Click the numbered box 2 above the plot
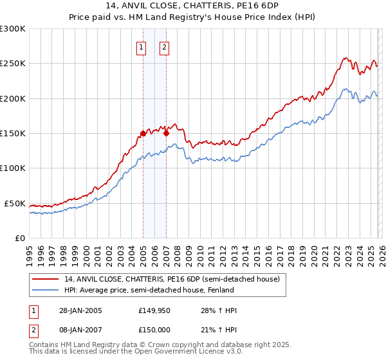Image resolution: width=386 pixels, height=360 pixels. pyautogui.click(x=164, y=46)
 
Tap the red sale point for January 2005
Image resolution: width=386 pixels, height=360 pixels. pyautogui.click(x=143, y=134)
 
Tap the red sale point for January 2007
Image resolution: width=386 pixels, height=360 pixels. pyautogui.click(x=166, y=134)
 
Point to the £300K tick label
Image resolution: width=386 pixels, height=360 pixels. pyautogui.click(x=13, y=29)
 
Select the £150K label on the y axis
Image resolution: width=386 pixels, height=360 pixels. pyautogui.click(x=13, y=134)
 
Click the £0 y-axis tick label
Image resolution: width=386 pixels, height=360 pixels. pyautogui.click(x=21, y=238)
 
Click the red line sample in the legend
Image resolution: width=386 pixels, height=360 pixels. pyautogui.click(x=46, y=280)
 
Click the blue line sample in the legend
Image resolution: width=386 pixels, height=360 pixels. pyautogui.click(x=46, y=290)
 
